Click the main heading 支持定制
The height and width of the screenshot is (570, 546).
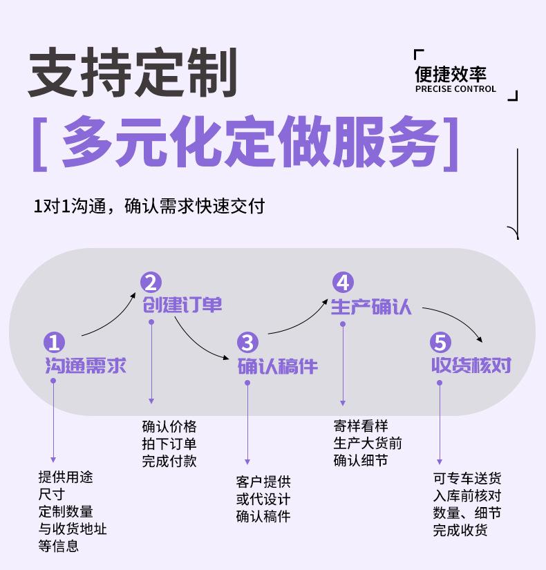132,72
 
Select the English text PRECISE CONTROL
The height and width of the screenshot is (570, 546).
455,89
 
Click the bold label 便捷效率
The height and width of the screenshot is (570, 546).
450,74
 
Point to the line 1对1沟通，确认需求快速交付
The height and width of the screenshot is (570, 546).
149,206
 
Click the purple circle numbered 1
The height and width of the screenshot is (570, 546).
54,343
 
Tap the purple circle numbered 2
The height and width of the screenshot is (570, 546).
151,283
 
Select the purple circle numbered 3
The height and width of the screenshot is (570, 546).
247,343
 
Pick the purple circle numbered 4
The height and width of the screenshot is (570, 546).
343,283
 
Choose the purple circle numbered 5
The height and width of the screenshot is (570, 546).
440,343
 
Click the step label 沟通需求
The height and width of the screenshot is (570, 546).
86,365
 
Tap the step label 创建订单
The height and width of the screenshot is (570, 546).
183,305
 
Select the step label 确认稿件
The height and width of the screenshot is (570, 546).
278,365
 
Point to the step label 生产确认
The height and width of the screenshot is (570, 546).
371,306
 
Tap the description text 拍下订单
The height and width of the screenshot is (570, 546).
169,444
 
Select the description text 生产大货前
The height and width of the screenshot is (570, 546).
368,443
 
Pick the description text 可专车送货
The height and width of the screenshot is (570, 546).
467,478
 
